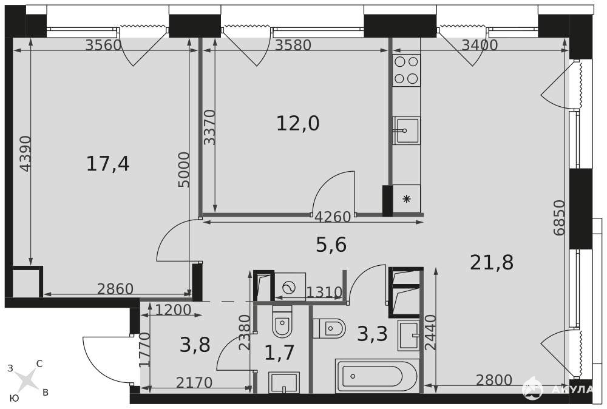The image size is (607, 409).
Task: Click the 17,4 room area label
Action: tap(107, 164)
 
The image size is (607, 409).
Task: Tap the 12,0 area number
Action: tap(297, 124)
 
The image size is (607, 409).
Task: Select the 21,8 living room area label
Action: tap(492, 262)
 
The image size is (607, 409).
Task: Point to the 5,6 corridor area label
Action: tap(331, 245)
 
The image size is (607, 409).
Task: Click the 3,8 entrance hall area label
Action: tap(195, 345)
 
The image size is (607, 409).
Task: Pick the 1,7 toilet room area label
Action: tap(279, 353)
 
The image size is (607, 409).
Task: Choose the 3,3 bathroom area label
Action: tap(372, 334)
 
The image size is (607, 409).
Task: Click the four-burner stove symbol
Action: tap(407, 70)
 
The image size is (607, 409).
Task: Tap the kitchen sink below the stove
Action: tap(406, 130)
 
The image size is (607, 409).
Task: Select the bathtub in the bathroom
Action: tap(377, 376)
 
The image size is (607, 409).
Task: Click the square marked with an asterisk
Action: tap(407, 199)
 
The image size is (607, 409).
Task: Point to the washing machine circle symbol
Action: tap(289, 287)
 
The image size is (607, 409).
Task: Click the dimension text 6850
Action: tap(560, 217)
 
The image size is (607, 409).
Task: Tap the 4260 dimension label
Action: tap(333, 217)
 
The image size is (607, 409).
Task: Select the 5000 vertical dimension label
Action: tap(185, 169)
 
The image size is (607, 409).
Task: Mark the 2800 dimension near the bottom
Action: tap(494, 380)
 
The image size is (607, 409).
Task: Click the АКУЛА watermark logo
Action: tap(557, 388)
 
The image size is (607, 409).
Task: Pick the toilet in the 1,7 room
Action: tap(282, 321)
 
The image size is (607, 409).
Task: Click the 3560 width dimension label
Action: tap(104, 46)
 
